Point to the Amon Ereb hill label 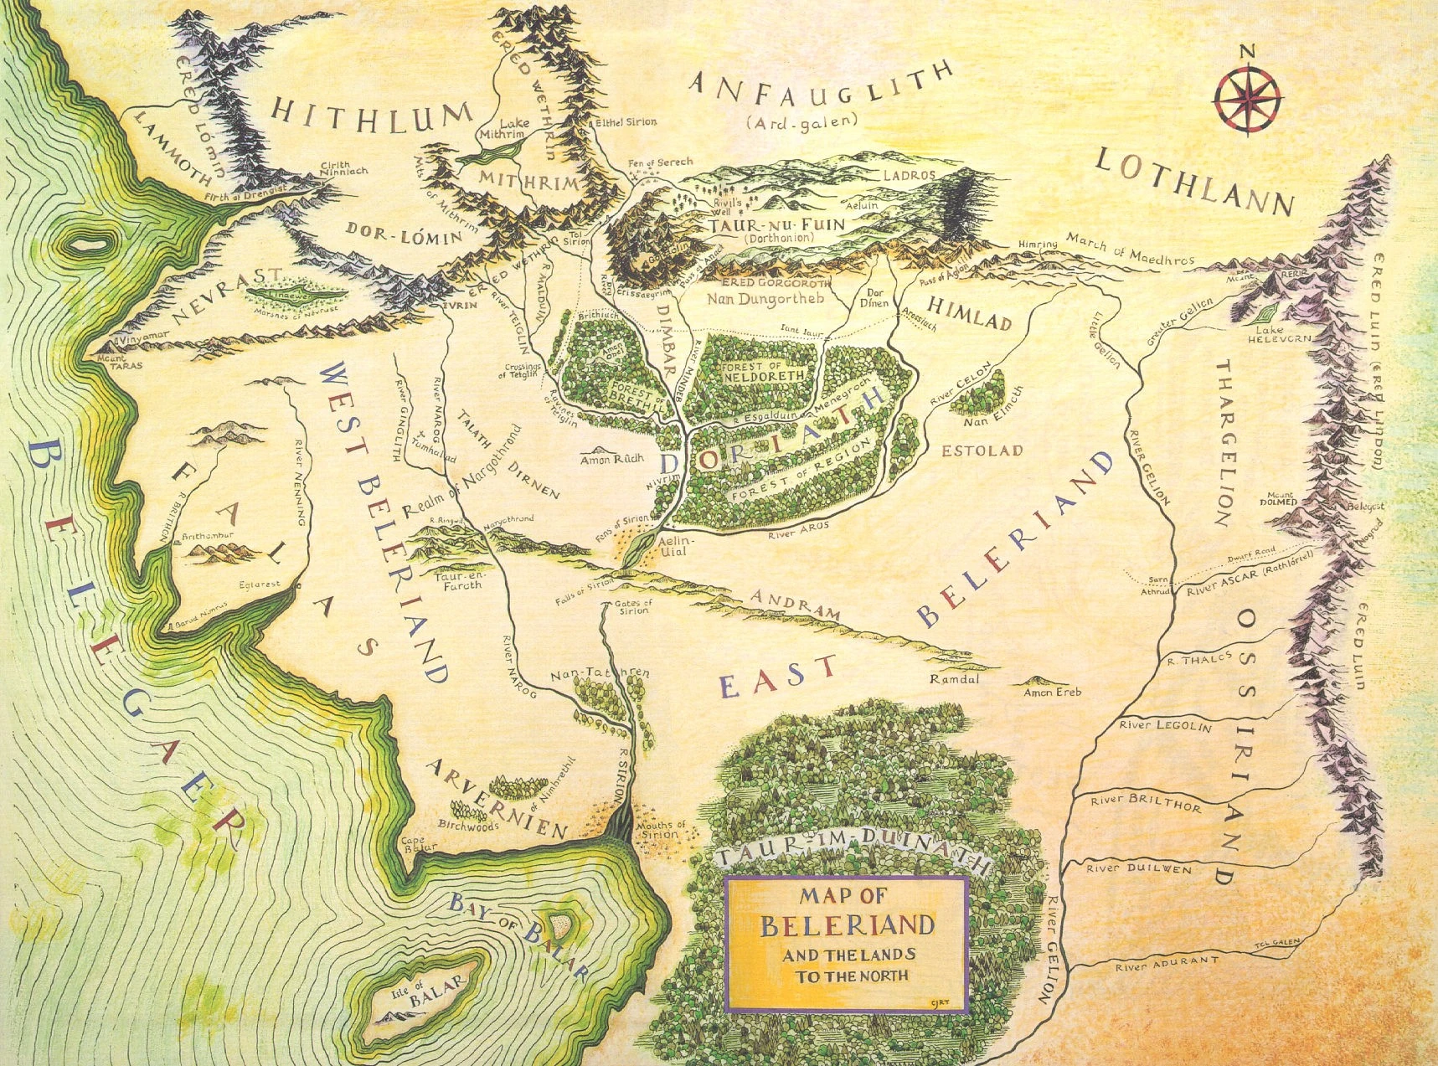(1053, 692)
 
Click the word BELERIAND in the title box (846, 925)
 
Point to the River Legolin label (1165, 725)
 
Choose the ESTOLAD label (982, 451)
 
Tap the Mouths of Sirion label (662, 829)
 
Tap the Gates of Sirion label (633, 606)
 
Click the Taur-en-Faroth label (458, 579)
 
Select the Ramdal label (954, 679)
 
